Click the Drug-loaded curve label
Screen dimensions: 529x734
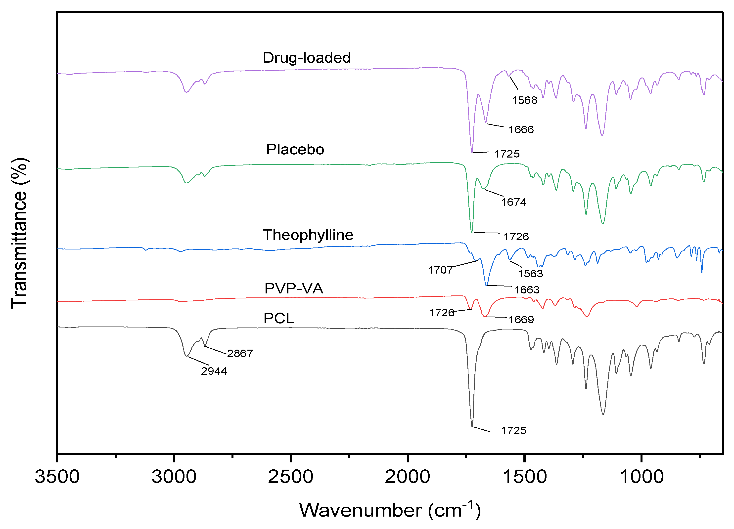[x=307, y=58]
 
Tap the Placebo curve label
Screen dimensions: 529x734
[x=295, y=149]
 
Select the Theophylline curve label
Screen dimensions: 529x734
[x=308, y=235]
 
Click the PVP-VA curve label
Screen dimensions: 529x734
[x=294, y=288]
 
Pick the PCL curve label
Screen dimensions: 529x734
[x=279, y=318]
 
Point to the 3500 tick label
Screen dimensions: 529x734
[x=57, y=477]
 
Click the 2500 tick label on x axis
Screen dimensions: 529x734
[x=291, y=477]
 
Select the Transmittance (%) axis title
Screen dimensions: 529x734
[x=19, y=233]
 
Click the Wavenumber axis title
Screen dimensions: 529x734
[x=390, y=510]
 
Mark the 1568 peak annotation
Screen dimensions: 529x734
[x=524, y=100]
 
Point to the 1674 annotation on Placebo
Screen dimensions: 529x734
[x=514, y=202]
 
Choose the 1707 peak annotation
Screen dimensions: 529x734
[x=440, y=270]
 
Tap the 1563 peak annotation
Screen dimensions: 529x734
[x=530, y=274]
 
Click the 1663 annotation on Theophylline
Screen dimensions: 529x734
[x=527, y=290]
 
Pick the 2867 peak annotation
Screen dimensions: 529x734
[x=240, y=353]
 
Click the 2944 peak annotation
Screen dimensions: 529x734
[x=214, y=371]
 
